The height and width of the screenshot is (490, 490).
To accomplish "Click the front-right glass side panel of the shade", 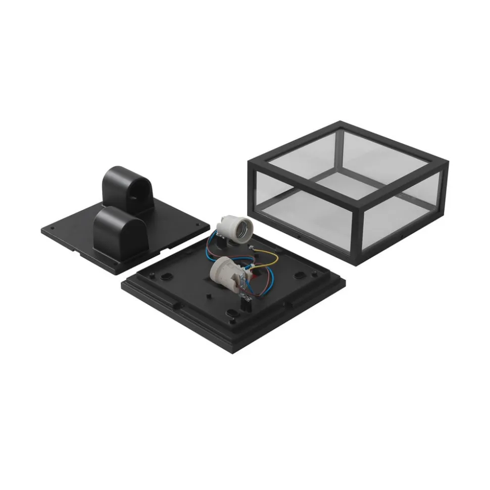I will coord(404,212).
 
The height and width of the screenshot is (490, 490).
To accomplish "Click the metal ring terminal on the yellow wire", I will coord(251,248).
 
